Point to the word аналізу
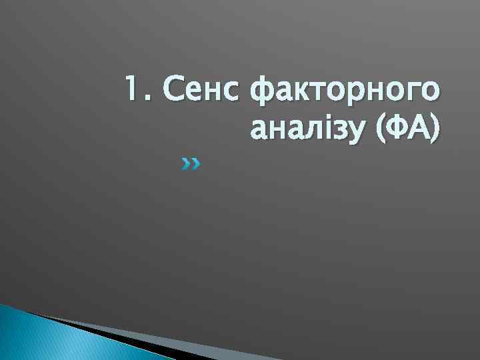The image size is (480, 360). [307, 128]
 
